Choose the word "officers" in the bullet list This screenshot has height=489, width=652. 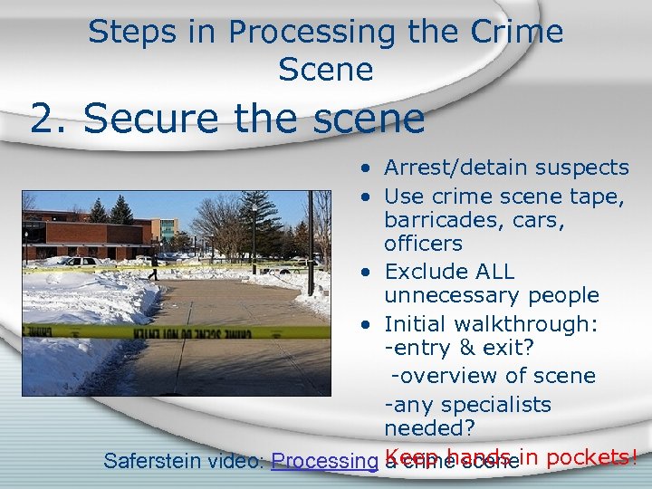click(x=423, y=244)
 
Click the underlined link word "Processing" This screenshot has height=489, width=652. click(x=324, y=461)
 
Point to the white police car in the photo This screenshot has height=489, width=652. click(x=79, y=263)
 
